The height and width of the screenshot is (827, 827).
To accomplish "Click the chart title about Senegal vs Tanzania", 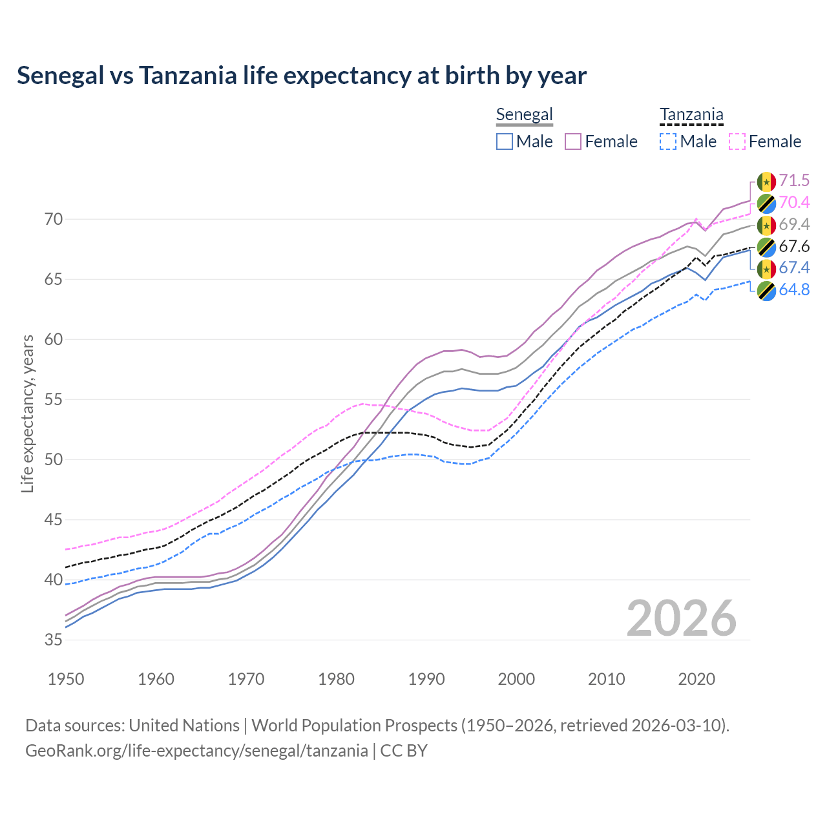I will [301, 76].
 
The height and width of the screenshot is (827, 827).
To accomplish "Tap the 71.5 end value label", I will [794, 180].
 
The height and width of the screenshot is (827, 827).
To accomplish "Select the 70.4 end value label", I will [794, 202].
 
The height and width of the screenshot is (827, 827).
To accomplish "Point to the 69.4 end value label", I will [794, 224].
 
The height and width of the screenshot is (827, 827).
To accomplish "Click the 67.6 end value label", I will [794, 246].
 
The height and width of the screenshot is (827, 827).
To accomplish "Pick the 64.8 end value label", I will [794, 289].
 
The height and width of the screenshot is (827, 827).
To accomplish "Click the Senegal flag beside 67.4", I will [766, 268].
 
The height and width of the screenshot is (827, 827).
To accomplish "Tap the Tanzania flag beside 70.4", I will [766, 203].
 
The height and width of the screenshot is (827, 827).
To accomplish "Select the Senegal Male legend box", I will [505, 141].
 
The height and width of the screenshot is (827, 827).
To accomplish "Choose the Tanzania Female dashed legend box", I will [737, 141].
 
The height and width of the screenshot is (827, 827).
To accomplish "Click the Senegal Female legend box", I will [573, 141].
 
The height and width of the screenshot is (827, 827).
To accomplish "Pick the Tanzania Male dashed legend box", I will [668, 141].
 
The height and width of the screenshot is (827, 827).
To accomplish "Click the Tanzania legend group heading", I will [691, 115].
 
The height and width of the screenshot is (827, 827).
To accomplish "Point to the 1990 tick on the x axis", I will [426, 679].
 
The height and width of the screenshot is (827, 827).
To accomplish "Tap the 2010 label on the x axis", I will [606, 679].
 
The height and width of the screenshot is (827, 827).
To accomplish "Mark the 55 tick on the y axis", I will [54, 399].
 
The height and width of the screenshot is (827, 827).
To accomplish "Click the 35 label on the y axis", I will [54, 640].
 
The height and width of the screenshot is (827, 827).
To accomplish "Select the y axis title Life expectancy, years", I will [27, 413].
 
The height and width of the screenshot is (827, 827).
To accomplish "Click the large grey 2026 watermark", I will [681, 618].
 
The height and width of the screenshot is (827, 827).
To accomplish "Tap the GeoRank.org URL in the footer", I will [196, 751].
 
